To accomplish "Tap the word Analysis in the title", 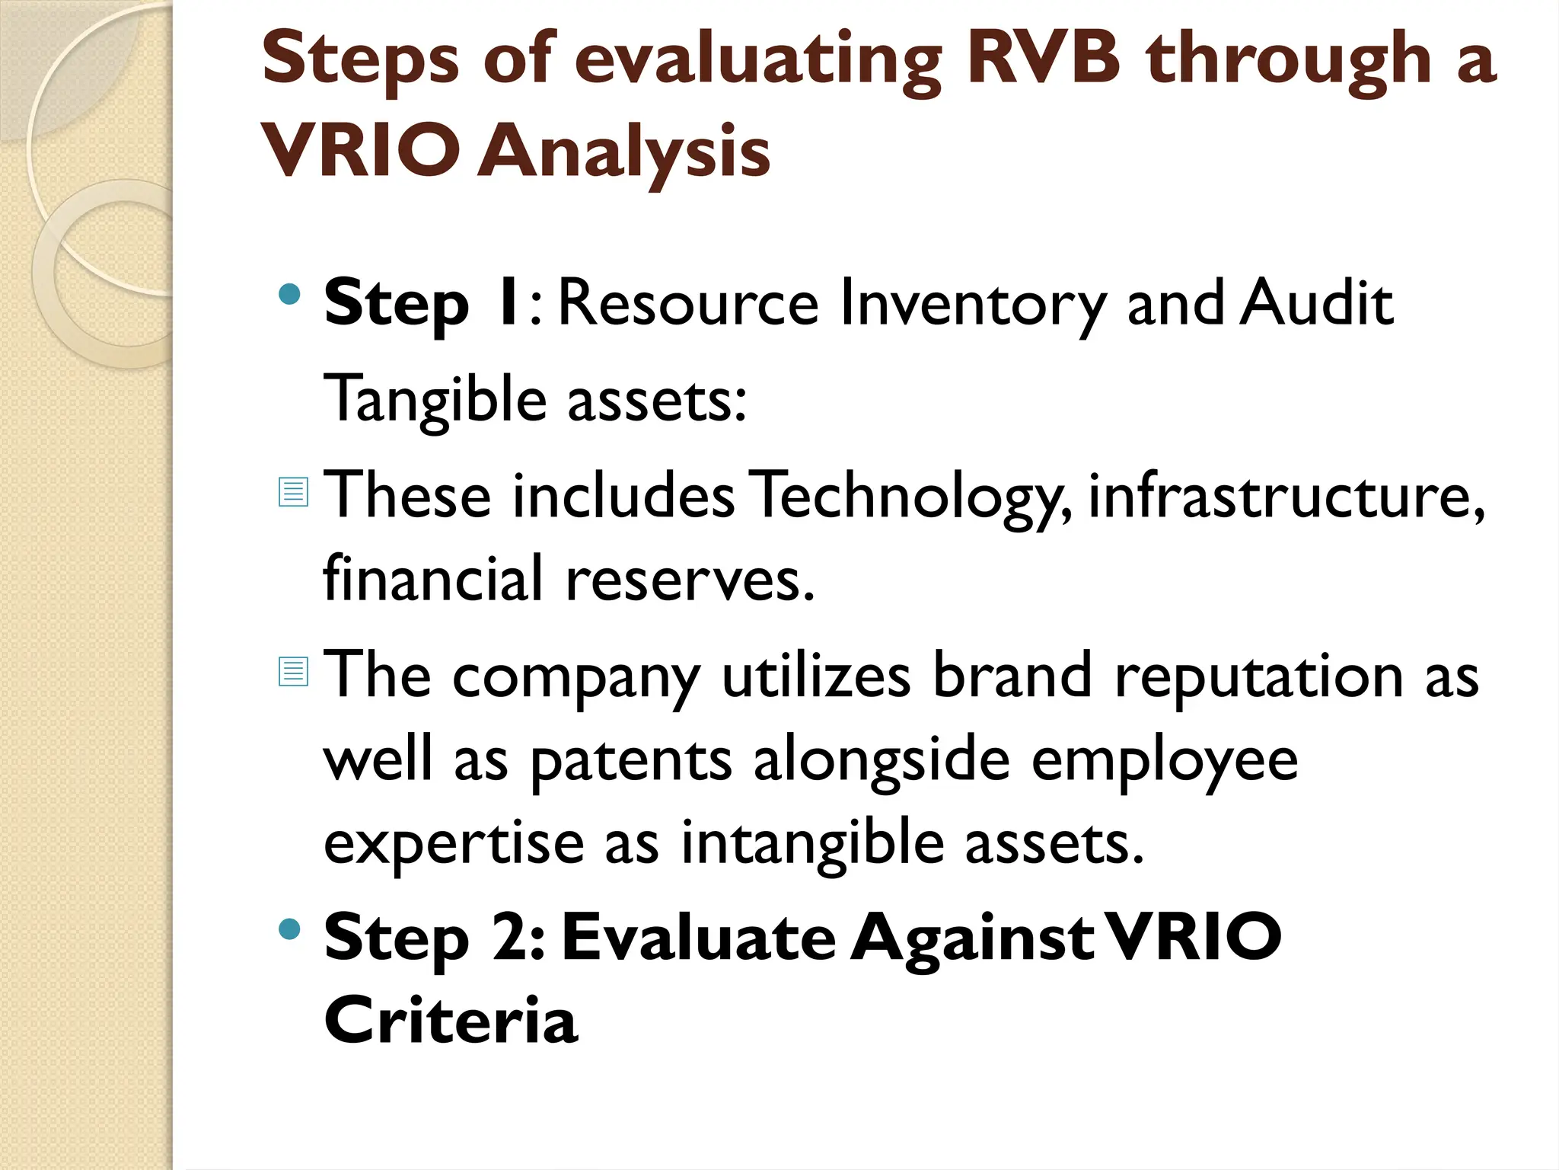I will (x=624, y=152).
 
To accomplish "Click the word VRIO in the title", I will (x=360, y=150).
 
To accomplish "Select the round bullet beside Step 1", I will (x=290, y=295).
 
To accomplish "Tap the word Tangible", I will (x=435, y=400).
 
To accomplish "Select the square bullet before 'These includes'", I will (x=293, y=491).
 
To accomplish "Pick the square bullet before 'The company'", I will (x=293, y=671).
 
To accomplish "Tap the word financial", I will (x=433, y=578).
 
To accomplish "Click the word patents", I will (x=630, y=761).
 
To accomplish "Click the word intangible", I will (x=812, y=845).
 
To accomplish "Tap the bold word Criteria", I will (x=451, y=1020).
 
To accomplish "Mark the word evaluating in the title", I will (x=758, y=62).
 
